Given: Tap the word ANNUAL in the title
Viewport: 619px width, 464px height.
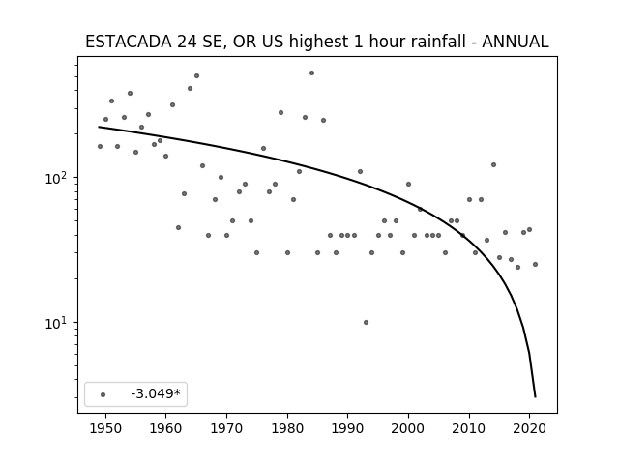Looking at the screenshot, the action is point(516,42).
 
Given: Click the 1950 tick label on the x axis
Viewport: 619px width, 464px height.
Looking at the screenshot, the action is point(105,429).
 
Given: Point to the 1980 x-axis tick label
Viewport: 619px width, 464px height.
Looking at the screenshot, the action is point(287,429).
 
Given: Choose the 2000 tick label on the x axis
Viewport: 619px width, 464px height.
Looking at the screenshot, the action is point(408,429).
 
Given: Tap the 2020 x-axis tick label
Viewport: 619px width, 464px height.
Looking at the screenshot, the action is point(529,429).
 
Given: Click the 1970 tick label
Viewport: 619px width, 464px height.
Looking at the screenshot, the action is point(226,429).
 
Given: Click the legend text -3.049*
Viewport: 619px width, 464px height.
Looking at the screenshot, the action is point(156,393).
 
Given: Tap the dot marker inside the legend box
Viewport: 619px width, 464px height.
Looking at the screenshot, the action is point(103,395).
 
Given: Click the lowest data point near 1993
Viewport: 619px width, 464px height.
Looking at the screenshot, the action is point(366,322).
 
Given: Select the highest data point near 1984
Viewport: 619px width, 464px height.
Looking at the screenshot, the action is point(311,73).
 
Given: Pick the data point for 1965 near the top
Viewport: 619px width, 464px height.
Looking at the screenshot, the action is point(196,75).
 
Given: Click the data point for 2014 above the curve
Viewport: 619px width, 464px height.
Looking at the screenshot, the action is point(493,165).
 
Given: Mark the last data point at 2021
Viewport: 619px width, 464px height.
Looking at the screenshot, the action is point(535,264).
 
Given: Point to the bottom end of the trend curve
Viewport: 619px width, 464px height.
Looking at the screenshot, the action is point(535,397).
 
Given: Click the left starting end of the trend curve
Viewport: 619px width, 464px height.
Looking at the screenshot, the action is point(99,127).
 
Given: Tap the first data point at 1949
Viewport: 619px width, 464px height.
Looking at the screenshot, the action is point(100,146).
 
